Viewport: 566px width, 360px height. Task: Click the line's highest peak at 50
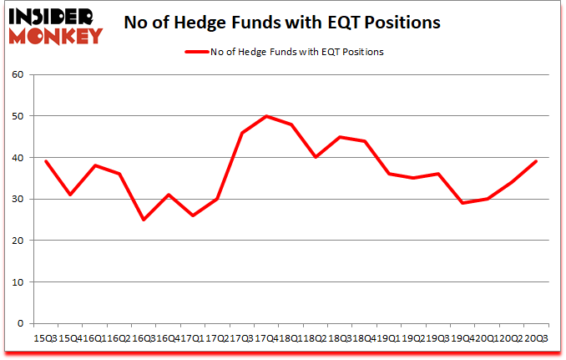[265, 117]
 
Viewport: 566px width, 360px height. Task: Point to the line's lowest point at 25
[144, 220]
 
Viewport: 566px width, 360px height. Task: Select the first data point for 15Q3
[46, 162]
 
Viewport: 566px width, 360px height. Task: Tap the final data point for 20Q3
[534, 162]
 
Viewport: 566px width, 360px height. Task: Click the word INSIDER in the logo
[50, 14]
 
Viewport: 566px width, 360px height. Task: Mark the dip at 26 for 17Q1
[192, 215]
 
